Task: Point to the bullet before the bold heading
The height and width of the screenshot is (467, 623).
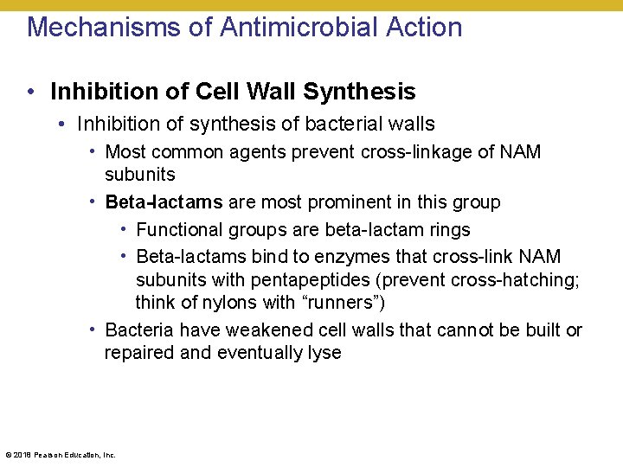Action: click(x=30, y=92)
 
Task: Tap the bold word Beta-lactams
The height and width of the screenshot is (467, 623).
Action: click(x=164, y=202)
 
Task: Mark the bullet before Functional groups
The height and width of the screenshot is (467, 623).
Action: click(x=124, y=230)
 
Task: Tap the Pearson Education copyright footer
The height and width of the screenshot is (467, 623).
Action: click(x=61, y=455)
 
